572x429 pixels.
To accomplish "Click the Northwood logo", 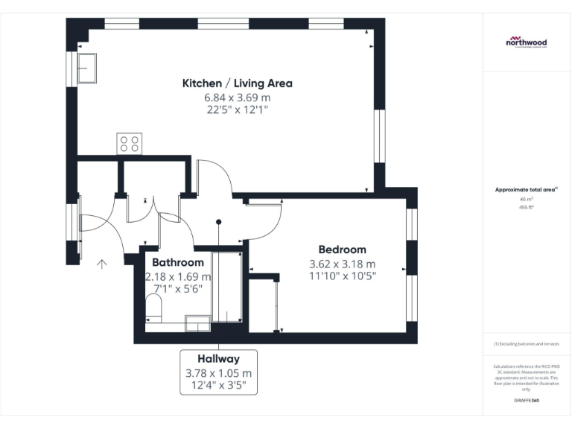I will pos(527,42).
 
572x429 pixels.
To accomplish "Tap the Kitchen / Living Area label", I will pos(237,83).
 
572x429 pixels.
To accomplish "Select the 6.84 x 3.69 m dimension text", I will pos(237,98).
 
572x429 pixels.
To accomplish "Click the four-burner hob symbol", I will pos(129,143).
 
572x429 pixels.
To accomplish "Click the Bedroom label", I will pos(342,250).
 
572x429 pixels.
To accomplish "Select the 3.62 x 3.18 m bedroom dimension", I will pos(342,264).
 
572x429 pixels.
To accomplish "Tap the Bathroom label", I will pos(177,263).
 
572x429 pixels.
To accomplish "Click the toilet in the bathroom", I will pos(154,308).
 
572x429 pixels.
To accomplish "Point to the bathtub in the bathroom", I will pos(227,287).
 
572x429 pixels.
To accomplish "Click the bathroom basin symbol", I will pos(197,321).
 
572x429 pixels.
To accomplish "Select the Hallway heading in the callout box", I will pos(218,359).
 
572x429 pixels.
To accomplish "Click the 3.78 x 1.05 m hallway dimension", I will pos(218,373).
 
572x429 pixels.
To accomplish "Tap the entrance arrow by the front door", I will pos(102,262).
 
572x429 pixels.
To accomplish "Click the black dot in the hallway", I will pos(219,221).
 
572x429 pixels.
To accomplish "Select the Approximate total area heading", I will pos(526,191).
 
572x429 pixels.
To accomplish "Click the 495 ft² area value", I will pos(526,208).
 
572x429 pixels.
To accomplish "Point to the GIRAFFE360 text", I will pos(526,400).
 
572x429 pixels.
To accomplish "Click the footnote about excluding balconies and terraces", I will pos(526,343).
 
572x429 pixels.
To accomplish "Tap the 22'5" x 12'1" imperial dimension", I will pos(237,110).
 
